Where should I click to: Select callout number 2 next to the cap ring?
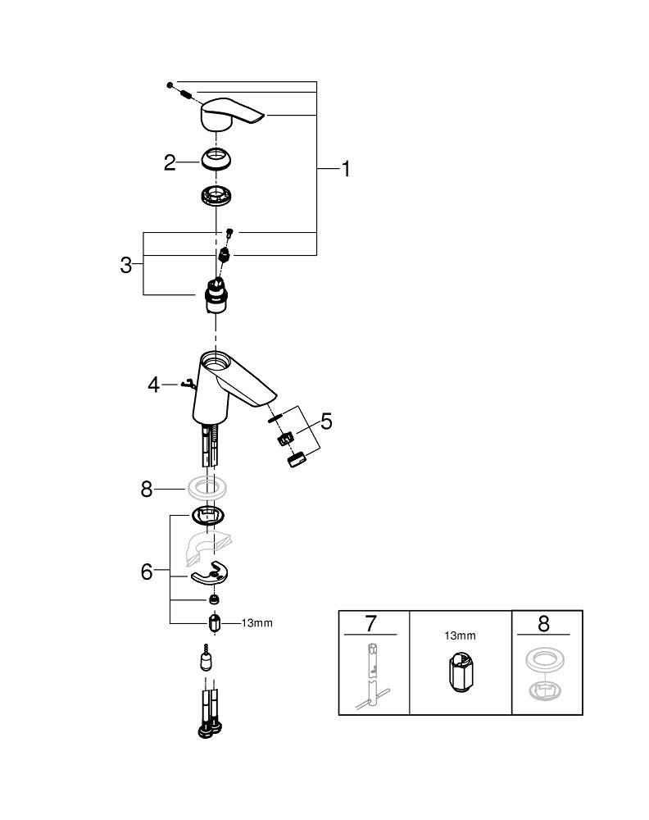170,162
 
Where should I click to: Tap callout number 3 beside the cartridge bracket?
126,266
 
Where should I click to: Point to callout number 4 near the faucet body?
154,384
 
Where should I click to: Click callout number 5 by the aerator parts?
326,422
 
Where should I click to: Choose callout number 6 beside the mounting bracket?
147,572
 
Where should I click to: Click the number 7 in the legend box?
370,623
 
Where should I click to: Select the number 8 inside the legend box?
544,623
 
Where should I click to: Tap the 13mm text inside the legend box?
459,635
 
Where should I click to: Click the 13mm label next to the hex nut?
256,623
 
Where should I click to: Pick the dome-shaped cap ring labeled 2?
217,157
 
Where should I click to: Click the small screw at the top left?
169,84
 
